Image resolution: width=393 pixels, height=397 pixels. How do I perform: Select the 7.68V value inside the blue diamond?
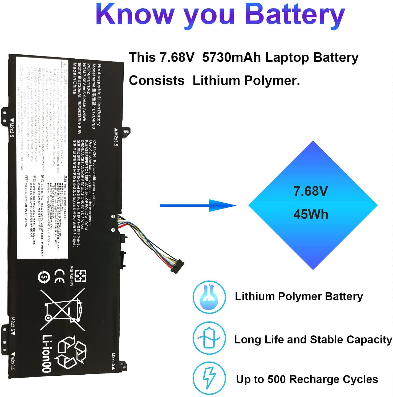(311, 191)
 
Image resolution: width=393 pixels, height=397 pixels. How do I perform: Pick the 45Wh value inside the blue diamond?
(311, 214)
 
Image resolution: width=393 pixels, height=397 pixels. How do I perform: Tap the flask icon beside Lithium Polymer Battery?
(209, 297)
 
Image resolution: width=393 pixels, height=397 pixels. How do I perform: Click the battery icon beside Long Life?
(209, 338)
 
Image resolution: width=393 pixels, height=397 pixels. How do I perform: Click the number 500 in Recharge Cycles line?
(277, 379)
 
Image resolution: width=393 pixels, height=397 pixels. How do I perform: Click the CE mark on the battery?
(59, 276)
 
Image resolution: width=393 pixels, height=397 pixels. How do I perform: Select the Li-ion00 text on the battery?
(47, 353)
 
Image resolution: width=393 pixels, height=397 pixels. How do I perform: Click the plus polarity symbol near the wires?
(113, 230)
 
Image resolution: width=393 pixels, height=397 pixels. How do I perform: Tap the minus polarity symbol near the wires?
(113, 217)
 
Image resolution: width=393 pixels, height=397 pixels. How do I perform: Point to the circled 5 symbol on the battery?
(43, 277)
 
